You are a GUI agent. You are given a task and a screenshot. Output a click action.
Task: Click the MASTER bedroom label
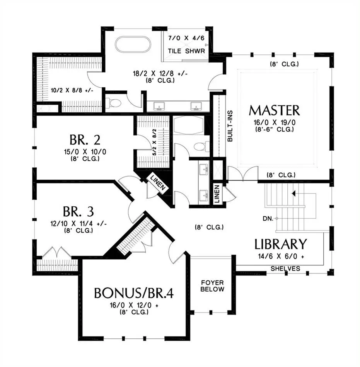coord(274,110)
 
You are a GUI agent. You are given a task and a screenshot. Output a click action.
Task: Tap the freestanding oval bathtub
coord(133,44)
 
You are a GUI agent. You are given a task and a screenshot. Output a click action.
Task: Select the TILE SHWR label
coord(186,51)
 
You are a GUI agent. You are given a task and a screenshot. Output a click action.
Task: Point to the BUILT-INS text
coord(230,126)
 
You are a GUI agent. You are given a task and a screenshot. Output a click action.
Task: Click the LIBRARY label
coord(281,244)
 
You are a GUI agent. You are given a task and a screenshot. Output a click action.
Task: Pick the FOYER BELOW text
coord(212,286)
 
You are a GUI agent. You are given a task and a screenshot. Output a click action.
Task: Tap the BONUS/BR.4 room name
coord(134,293)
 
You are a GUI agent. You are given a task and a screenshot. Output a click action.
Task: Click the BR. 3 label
coord(78,212)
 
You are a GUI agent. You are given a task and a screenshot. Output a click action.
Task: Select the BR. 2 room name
coord(85,140)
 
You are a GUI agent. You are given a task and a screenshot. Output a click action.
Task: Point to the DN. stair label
coord(268,219)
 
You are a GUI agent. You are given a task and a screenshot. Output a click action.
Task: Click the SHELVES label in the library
coord(285,268)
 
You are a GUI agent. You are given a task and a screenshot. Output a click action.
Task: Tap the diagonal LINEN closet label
coord(158,183)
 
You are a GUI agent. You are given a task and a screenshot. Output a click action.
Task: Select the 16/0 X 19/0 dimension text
coord(275,122)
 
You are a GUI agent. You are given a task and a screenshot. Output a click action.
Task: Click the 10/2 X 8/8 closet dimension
coord(72,90)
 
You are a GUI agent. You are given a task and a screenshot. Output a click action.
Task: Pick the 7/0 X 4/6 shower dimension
coord(186,38)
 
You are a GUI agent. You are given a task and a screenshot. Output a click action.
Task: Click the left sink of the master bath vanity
coord(159,106)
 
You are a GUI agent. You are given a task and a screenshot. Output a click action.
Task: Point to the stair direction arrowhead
coord(293,194)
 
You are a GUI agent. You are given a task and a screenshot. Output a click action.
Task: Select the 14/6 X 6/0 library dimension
coord(281,257)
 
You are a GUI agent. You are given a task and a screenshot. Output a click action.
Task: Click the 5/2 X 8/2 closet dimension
coord(154,142)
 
